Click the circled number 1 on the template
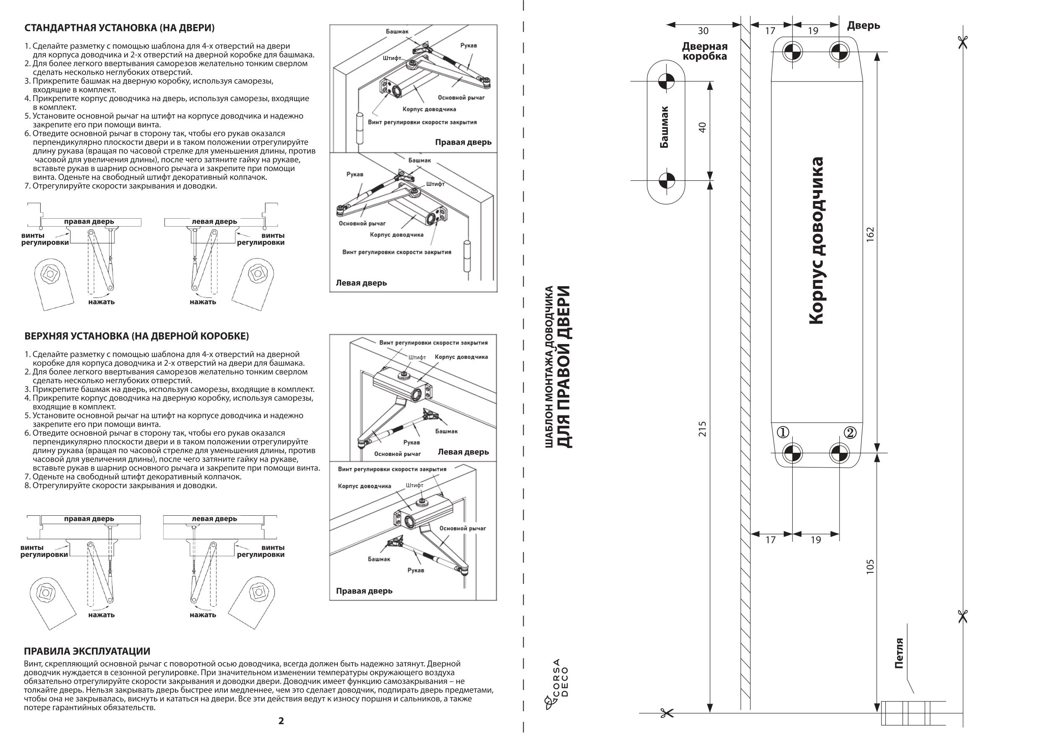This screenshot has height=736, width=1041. (x=783, y=432)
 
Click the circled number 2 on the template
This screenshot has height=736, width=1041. (x=850, y=432)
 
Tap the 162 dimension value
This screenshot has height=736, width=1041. (x=870, y=234)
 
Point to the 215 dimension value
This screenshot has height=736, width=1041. (x=702, y=428)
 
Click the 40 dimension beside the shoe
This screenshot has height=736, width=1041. (x=702, y=127)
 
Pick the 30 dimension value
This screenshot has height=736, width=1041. (x=703, y=31)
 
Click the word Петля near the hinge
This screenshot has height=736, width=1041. (x=899, y=653)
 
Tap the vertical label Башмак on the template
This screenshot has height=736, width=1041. (x=664, y=127)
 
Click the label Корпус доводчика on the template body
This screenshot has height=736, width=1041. (x=816, y=240)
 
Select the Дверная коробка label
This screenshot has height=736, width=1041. (x=704, y=51)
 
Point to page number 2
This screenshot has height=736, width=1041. (x=281, y=720)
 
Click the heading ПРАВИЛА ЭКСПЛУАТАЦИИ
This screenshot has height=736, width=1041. (x=87, y=651)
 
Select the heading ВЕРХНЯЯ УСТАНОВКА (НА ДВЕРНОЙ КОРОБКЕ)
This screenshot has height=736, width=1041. (x=136, y=336)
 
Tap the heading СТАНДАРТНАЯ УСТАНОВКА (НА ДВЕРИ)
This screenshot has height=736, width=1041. (x=119, y=28)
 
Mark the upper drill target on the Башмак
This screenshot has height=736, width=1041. (x=666, y=81)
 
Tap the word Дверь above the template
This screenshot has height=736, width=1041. (x=863, y=26)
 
